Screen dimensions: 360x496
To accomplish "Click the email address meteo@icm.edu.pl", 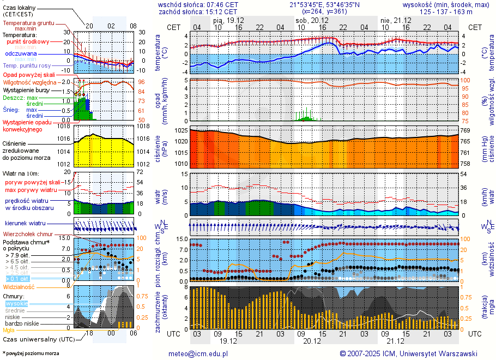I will pos(198,353).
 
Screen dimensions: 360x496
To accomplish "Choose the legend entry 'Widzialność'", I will pos(19,286).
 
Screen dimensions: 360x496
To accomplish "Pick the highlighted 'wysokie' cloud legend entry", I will pos(16,303).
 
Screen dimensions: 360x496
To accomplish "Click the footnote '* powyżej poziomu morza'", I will pos(31,353).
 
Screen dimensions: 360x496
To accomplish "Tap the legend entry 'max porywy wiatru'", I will pos(31,190).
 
